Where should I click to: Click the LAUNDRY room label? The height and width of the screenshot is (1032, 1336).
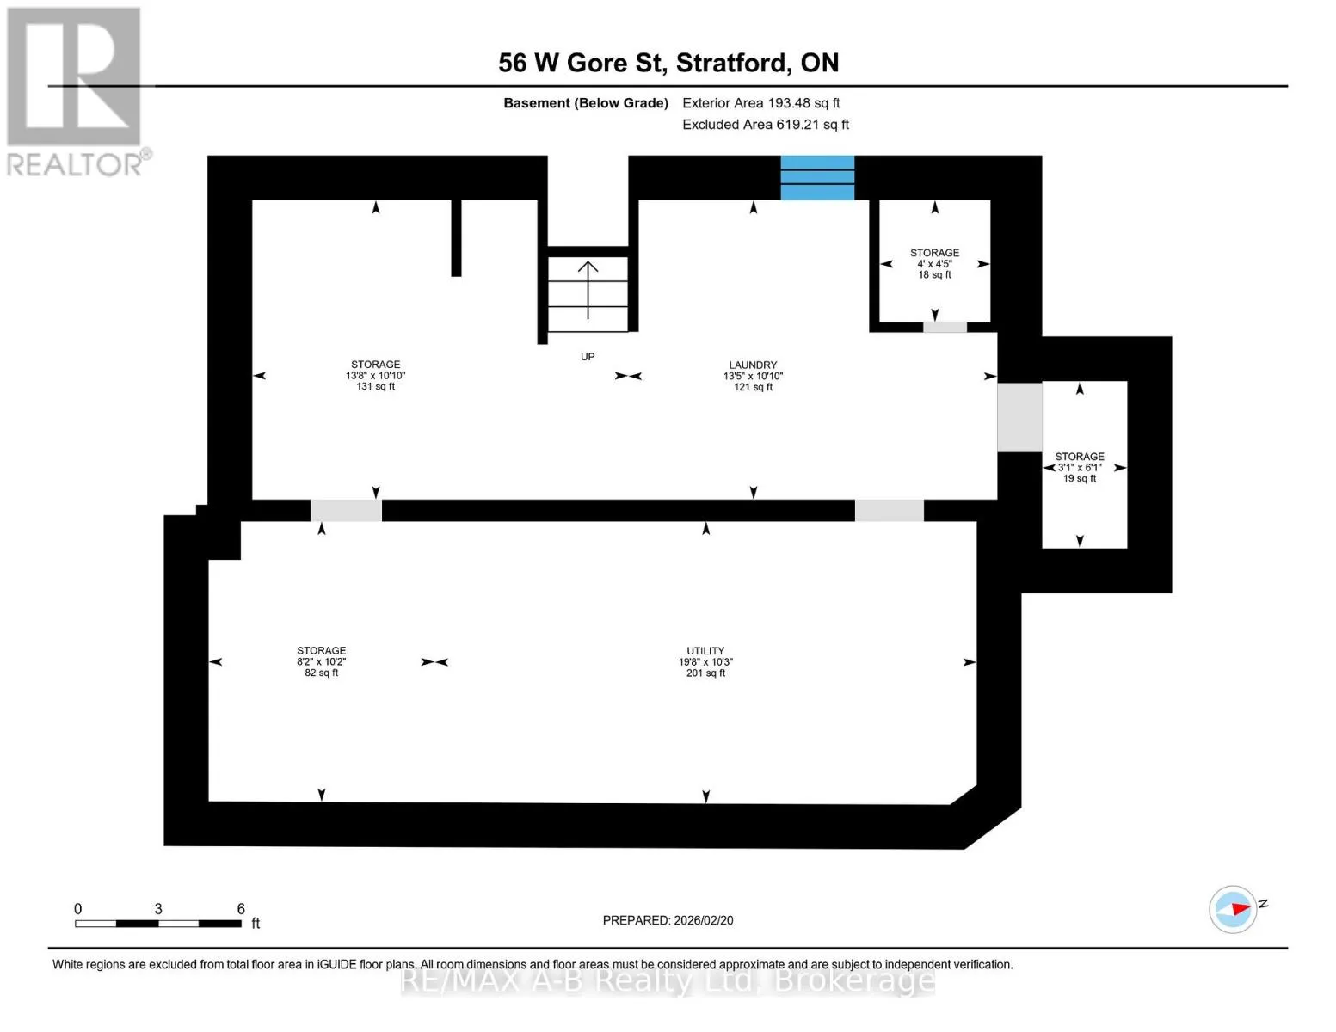(x=753, y=365)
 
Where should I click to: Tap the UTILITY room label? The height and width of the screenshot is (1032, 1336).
(x=705, y=650)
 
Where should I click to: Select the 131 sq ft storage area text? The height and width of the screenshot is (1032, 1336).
(x=376, y=387)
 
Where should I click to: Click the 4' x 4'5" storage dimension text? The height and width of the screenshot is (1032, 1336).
(x=934, y=264)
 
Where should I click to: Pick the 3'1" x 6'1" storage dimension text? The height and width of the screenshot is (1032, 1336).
(x=1080, y=468)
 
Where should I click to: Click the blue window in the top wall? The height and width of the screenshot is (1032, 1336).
(x=817, y=178)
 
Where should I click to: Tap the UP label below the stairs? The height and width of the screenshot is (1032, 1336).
(x=588, y=357)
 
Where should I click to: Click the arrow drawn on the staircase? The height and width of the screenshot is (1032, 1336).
(x=588, y=290)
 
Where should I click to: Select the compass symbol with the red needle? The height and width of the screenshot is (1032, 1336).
(x=1232, y=909)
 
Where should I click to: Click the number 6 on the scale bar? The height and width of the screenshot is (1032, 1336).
(x=241, y=908)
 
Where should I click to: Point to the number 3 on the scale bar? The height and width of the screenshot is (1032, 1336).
(x=158, y=908)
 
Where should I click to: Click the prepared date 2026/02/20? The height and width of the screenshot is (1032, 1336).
(x=704, y=920)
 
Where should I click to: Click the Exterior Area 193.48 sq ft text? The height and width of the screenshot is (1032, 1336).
(x=760, y=103)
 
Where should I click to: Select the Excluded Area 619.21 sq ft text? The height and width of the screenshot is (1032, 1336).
(x=766, y=125)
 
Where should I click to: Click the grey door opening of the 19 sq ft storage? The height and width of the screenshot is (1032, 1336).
(x=1019, y=417)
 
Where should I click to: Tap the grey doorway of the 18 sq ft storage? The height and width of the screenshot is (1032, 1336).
(x=945, y=327)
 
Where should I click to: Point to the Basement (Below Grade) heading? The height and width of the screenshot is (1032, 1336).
(x=586, y=103)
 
